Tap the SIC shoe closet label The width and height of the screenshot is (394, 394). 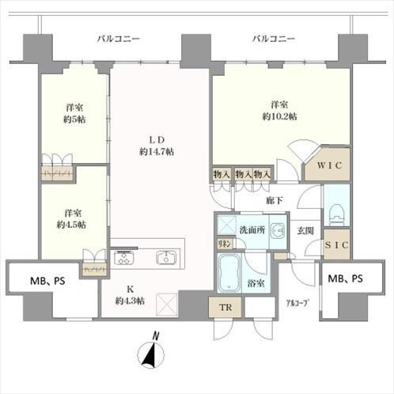(336, 245)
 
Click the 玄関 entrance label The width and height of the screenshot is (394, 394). (305, 231)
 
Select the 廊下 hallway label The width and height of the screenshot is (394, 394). (275, 201)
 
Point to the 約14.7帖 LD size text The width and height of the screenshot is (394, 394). (157, 151)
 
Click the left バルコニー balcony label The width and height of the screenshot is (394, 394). (119, 38)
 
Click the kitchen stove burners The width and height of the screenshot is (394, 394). (126, 257)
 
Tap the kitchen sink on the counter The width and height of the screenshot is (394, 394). (166, 257)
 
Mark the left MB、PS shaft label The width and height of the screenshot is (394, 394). (47, 278)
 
